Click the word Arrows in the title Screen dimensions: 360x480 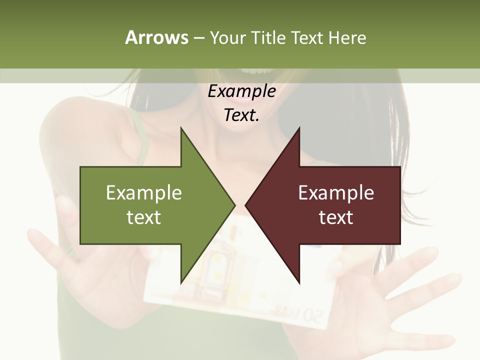click(x=156, y=37)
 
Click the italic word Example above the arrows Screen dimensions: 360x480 click(x=241, y=91)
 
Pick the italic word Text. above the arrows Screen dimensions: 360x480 click(x=241, y=115)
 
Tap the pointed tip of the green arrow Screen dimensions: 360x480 click(x=233, y=205)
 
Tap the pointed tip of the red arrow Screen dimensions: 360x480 click(x=247, y=205)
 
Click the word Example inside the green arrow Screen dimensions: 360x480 click(x=144, y=193)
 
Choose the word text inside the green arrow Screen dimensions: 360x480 click(x=144, y=217)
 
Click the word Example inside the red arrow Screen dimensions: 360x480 click(x=336, y=193)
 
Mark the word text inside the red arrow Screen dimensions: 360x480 click(x=336, y=217)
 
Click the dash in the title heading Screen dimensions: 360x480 click(x=198, y=38)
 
